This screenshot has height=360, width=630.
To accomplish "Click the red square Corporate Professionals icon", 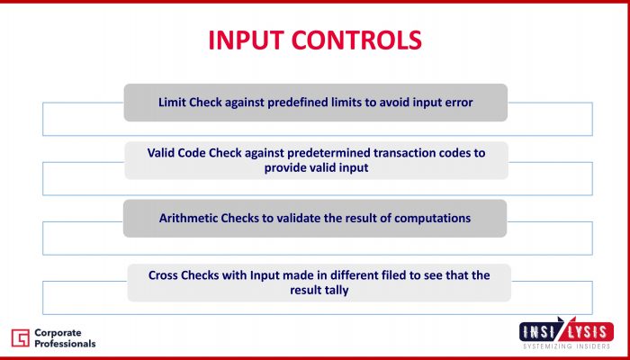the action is click(20, 337).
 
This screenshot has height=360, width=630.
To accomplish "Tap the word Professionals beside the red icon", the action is click(65, 344).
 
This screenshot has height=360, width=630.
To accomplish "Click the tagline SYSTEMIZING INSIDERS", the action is click(566, 346).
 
